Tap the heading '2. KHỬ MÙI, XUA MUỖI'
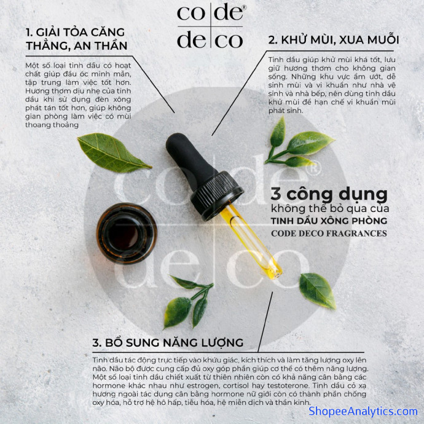click(x=334, y=40)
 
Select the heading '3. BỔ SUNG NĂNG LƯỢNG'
click(x=168, y=342)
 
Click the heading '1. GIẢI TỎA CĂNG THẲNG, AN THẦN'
click(x=77, y=39)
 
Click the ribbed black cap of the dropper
click(x=217, y=195)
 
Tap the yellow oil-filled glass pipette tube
click(x=251, y=241)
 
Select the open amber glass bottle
click(x=127, y=233)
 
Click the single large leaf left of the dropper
click(x=114, y=152)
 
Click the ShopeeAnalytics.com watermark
click(x=363, y=411)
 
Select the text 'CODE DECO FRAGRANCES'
click(x=329, y=234)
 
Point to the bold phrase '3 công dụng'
click(x=329, y=195)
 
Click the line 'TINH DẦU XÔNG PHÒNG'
click(x=329, y=221)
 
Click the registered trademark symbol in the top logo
click(x=245, y=7)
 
